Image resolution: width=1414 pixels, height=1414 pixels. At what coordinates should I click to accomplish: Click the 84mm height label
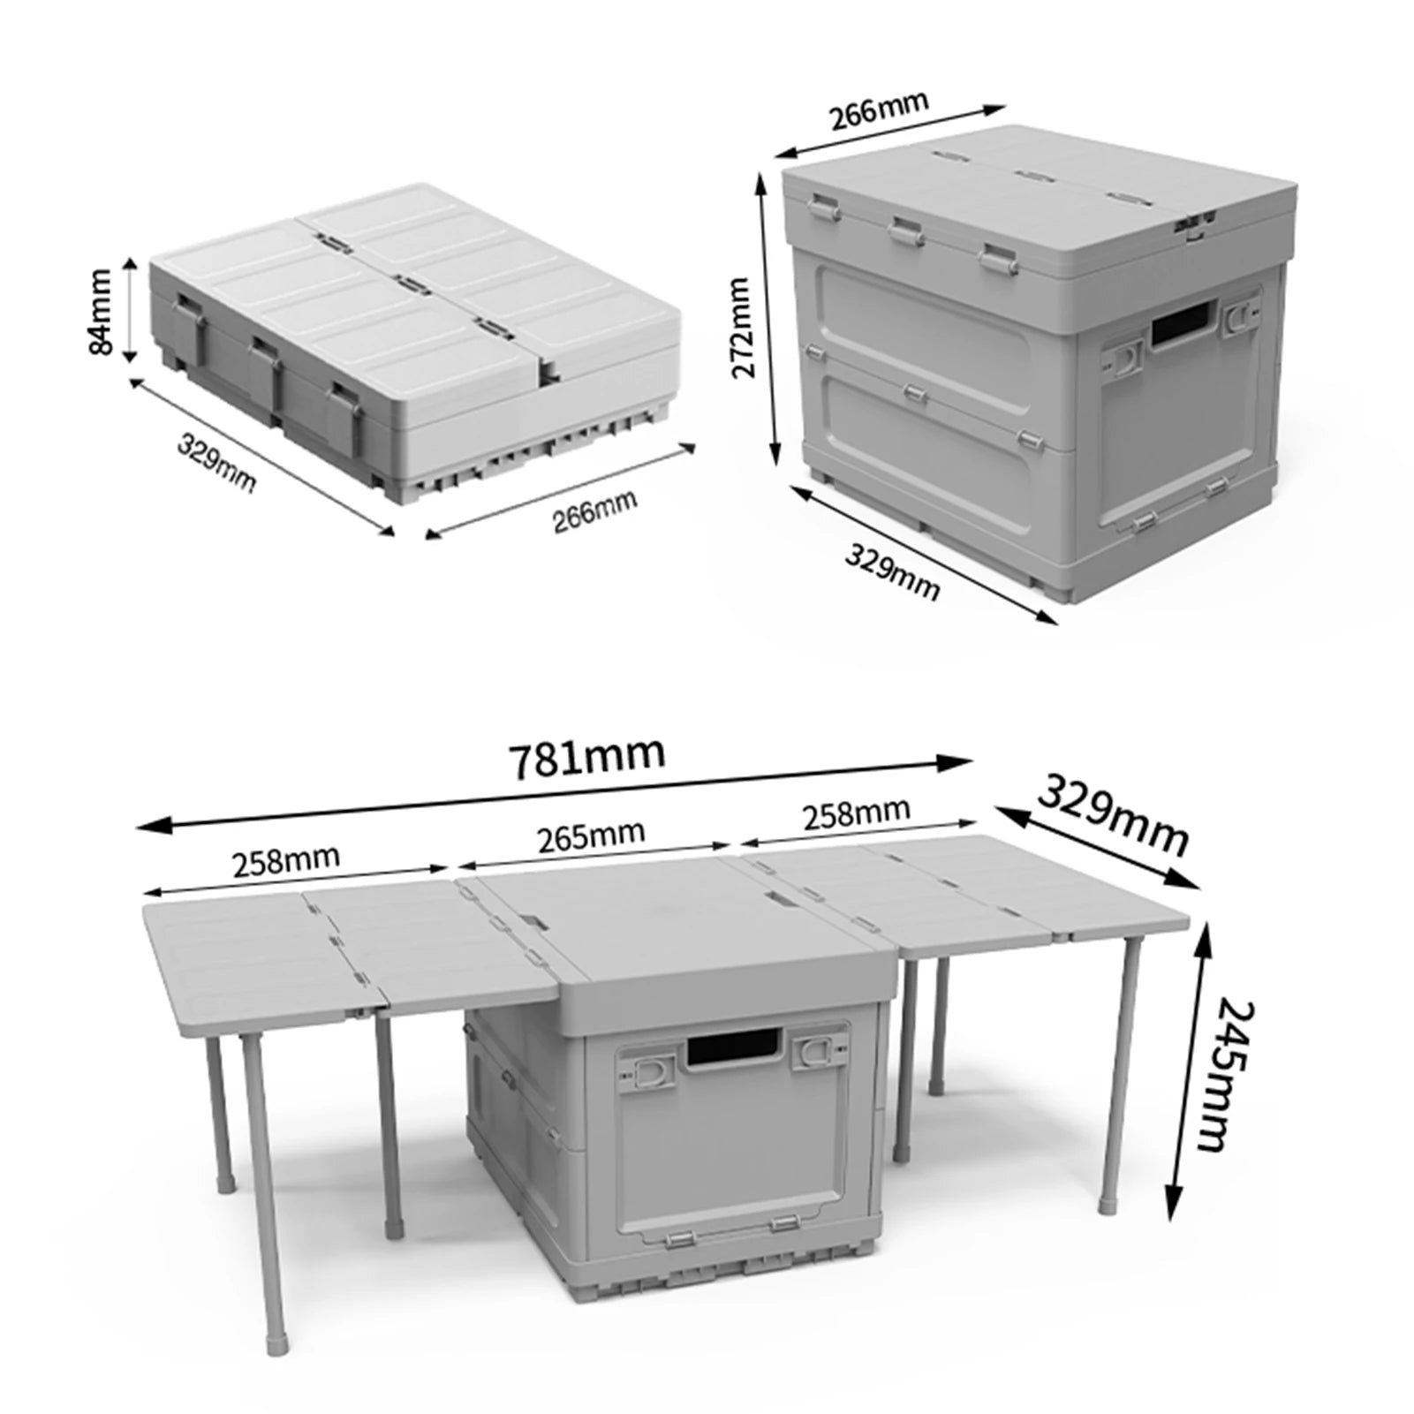[x=101, y=313]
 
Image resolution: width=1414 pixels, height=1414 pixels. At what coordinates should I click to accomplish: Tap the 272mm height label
[x=740, y=327]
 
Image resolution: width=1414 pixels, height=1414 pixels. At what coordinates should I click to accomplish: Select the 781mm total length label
[x=587, y=757]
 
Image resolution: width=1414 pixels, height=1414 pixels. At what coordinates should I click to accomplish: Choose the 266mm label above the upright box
[x=879, y=108]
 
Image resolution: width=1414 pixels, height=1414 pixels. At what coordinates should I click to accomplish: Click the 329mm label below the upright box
[x=892, y=573]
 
